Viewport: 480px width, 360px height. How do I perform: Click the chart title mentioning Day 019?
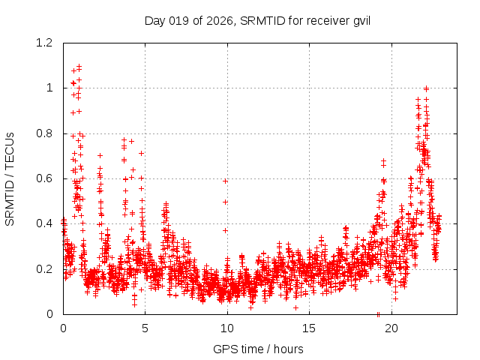257,19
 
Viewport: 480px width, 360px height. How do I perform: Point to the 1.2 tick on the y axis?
46,43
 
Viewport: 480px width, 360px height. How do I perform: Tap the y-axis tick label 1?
50,88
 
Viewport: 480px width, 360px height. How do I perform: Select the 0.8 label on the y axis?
46,133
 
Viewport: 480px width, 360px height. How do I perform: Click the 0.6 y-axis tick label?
46,178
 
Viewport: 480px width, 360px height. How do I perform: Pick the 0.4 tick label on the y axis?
46,223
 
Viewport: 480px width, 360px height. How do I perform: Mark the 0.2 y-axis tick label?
46,268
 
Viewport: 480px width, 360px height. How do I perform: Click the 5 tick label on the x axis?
145,328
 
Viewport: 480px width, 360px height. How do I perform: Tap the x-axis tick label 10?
227,328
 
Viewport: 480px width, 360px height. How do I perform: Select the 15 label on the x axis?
309,328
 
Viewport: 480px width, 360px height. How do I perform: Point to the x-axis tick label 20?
391,328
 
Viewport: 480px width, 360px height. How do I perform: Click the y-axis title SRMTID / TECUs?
10,178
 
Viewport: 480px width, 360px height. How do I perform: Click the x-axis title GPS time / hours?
257,349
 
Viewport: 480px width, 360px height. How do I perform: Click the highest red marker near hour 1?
79,66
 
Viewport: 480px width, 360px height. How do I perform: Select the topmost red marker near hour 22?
426,88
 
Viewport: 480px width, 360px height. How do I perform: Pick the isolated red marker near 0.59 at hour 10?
225,181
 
